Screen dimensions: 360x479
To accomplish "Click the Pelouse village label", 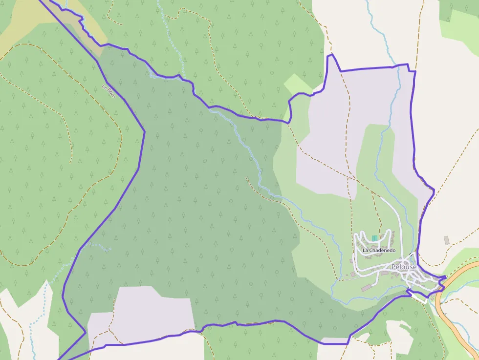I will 404,267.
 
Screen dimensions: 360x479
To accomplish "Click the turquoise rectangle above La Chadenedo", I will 374,238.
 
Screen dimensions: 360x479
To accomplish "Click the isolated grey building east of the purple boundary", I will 446,240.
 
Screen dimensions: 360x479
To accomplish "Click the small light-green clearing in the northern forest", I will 296,84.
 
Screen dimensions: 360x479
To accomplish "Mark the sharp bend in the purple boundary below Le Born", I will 145,131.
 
